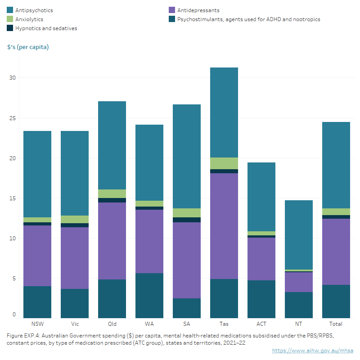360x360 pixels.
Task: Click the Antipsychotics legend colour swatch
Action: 10,10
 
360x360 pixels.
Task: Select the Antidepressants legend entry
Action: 198,10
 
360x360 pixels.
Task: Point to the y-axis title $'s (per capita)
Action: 28,47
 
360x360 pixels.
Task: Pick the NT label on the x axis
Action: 298,324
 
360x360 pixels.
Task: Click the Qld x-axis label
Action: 112,324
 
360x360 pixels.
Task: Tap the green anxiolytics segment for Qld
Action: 112,193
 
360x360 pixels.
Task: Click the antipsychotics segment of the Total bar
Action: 336,165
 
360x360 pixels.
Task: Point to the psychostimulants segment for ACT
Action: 261,299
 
